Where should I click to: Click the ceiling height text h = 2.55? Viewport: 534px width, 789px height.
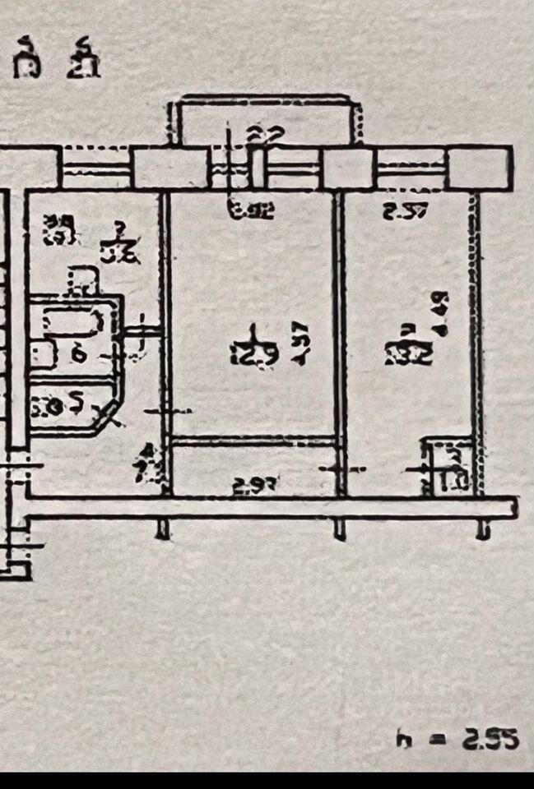coord(457,738)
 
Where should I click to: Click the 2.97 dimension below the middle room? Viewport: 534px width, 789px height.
coord(253,485)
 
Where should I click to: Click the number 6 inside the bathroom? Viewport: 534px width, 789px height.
coord(79,354)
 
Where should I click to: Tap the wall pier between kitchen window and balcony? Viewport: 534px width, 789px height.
coord(170,168)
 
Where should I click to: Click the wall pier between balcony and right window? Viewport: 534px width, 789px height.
coord(347,168)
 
